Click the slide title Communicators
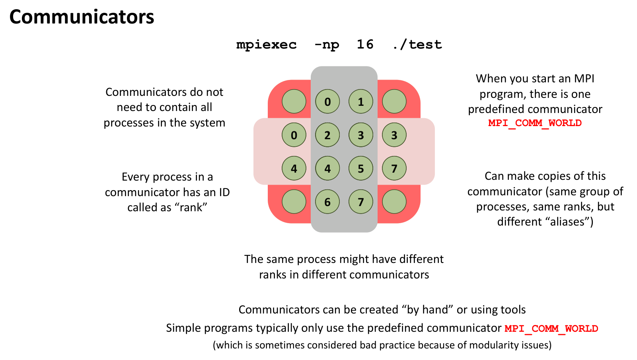coord(82,17)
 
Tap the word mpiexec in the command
coord(266,45)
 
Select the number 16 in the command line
coord(365,44)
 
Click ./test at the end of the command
coord(417,45)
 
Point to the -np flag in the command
coord(327,45)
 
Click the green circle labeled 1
coord(360,102)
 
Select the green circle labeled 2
coord(327,135)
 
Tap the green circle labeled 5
coord(360,169)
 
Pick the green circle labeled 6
coord(327,202)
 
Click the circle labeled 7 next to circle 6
coord(360,202)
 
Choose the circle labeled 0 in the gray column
coord(327,102)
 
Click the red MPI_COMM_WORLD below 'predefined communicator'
coord(535,123)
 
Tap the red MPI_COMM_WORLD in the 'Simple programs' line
coord(551,329)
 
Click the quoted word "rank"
coord(191,208)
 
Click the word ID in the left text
coord(224,193)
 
